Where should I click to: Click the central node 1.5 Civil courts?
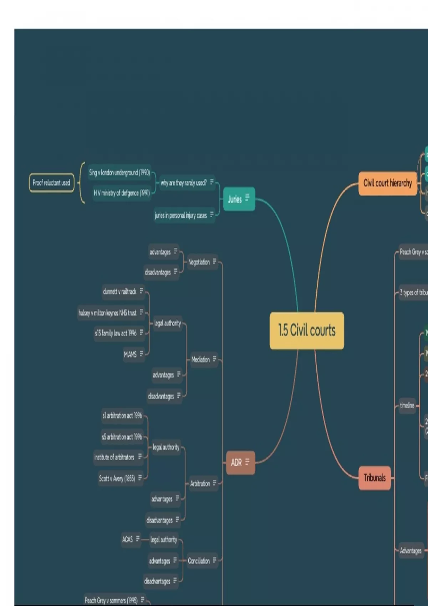click(x=307, y=330)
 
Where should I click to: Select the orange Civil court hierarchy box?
click(x=387, y=183)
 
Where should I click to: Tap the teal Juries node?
click(x=239, y=199)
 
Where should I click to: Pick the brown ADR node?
click(x=240, y=462)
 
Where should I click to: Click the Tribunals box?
click(x=374, y=478)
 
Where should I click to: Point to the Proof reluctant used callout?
click(x=51, y=183)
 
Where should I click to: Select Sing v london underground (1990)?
click(x=119, y=173)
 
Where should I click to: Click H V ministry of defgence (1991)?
click(x=122, y=193)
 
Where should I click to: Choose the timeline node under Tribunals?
click(x=407, y=405)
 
